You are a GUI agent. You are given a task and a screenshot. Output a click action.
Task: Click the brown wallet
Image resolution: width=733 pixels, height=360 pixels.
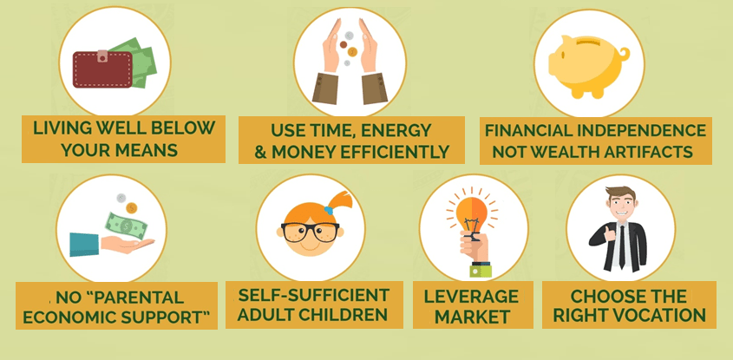(102, 69)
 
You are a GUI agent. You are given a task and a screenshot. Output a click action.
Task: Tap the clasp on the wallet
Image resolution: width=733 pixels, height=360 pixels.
(102, 56)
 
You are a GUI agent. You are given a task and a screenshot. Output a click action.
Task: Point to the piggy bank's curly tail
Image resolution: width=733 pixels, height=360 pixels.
(624, 54)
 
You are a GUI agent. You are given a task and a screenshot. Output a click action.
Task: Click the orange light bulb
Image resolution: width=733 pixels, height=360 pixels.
(472, 214)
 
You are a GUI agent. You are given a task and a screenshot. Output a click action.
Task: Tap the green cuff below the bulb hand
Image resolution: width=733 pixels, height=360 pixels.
(481, 271)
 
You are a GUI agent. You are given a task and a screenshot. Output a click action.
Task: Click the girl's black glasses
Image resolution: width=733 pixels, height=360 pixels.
(310, 232)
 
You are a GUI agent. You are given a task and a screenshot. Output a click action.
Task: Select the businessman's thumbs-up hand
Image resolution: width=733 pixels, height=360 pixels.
(609, 233)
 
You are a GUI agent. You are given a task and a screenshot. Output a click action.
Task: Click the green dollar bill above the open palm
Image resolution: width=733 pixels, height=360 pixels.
(127, 226)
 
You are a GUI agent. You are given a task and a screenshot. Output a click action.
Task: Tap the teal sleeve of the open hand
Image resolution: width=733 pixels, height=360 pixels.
(84, 245)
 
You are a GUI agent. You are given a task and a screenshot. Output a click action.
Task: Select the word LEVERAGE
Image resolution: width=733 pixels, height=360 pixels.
(471, 297)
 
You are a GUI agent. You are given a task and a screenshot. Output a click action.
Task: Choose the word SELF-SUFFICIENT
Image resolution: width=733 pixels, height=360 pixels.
(314, 295)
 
